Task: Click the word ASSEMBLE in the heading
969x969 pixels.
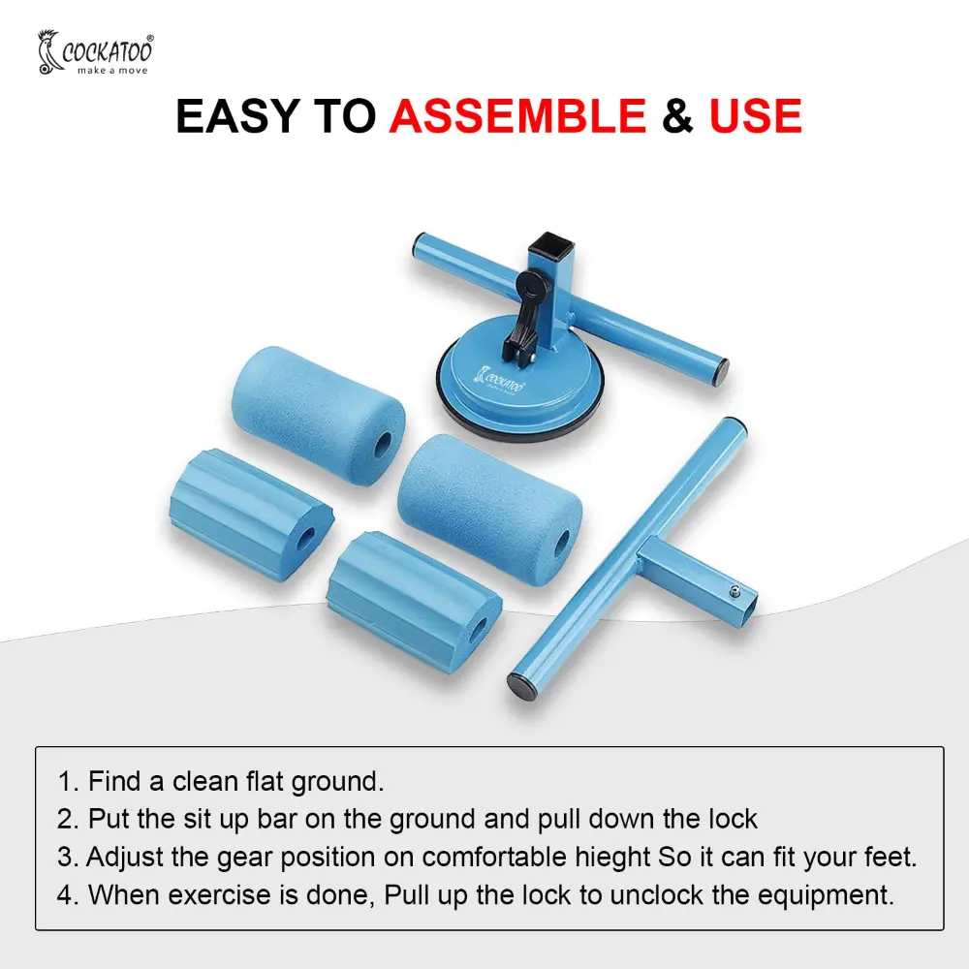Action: [517, 115]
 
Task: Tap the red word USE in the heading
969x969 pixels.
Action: [755, 115]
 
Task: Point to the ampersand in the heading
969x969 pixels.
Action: [677, 115]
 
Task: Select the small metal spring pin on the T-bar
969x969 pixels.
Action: [734, 590]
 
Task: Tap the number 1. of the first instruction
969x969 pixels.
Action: [69, 781]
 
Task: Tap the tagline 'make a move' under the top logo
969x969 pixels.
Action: [112, 71]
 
